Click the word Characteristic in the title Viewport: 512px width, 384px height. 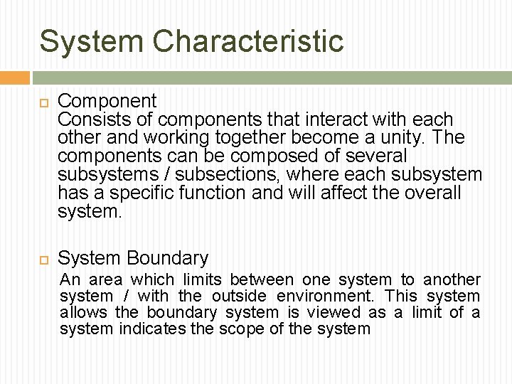coord(248,41)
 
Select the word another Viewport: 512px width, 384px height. coord(452,280)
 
